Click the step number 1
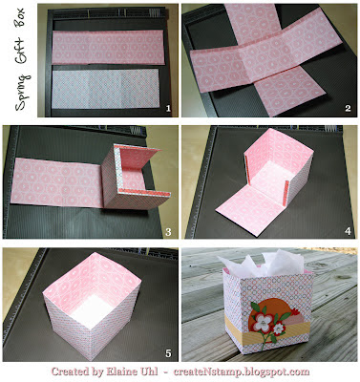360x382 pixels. pyautogui.click(x=168, y=109)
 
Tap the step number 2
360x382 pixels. pyautogui.click(x=348, y=109)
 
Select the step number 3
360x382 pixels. pyautogui.click(x=168, y=232)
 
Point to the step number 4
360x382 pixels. pyautogui.click(x=348, y=231)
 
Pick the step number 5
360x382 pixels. pyautogui.click(x=168, y=352)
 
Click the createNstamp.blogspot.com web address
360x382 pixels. pyautogui.click(x=242, y=371)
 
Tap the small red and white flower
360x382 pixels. pyautogui.click(x=279, y=329)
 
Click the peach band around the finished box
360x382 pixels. pyautogui.click(x=267, y=332)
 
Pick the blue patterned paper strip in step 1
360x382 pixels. pyautogui.click(x=105, y=89)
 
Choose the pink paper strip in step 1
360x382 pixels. pyautogui.click(x=108, y=47)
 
